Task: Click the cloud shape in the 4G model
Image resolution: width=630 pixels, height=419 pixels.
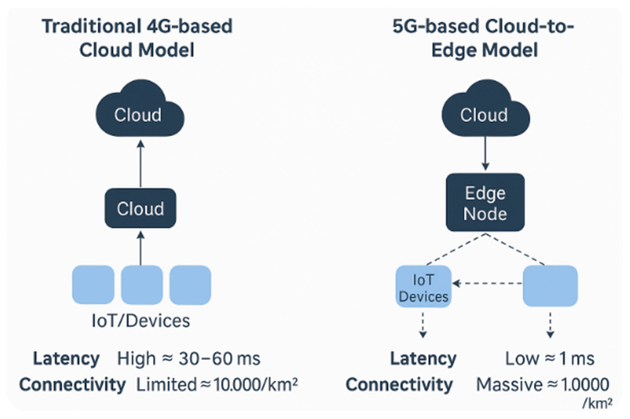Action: coord(140,110)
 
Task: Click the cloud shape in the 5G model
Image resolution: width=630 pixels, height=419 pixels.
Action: coord(486,110)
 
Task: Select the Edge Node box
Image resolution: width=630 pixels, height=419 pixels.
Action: coord(485,202)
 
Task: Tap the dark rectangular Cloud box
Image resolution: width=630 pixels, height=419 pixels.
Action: coord(140,208)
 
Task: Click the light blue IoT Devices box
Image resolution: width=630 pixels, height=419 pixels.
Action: coord(424,286)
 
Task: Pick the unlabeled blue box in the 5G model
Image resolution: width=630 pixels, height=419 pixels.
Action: coord(550,286)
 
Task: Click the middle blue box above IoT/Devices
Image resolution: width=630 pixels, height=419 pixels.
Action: coord(142,285)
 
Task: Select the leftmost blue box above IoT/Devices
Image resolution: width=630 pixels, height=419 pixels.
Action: coord(93,285)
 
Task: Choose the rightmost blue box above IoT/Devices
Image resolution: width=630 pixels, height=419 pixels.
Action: coord(190,285)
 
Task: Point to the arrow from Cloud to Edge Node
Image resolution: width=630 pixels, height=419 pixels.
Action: coord(485,153)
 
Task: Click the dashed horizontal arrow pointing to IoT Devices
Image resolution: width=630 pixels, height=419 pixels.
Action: coord(487,283)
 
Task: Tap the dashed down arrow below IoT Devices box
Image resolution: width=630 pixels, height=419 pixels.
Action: coord(423,325)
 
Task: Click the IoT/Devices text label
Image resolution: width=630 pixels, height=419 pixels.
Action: coord(141,321)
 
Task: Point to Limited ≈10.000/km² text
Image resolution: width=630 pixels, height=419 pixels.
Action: coord(217,385)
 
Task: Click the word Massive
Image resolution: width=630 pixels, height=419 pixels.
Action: coord(509,385)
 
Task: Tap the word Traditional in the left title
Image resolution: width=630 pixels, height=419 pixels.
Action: coord(91,26)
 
